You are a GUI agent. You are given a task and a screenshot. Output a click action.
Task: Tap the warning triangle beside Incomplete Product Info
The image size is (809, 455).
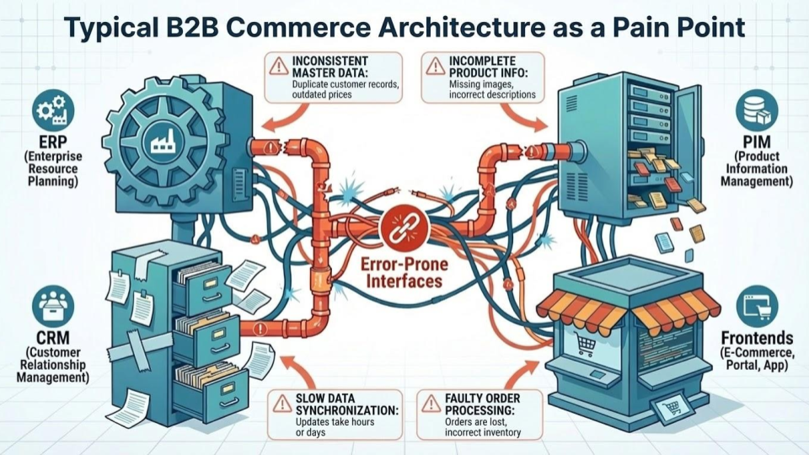click(x=435, y=66)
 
